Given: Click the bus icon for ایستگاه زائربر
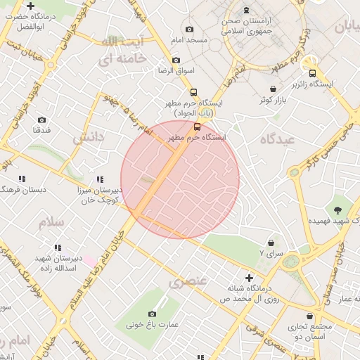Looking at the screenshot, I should point(312,72).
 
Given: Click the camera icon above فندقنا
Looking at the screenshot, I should point(41,120).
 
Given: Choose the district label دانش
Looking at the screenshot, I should point(89,137).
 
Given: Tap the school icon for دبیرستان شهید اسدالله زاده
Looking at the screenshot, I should point(58,247).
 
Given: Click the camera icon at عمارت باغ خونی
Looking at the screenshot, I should point(153,314).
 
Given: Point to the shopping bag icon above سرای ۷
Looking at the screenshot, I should point(271,241).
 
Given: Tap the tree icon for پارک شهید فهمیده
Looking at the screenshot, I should point(339,210).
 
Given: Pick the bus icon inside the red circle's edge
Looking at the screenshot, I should point(197,127).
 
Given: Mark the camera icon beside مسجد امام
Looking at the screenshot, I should point(189,30).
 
